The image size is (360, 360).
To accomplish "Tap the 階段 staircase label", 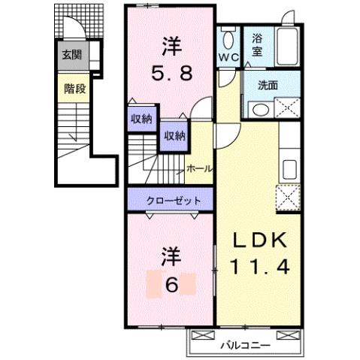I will (x=73, y=89).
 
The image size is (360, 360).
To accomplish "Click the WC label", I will (x=228, y=57).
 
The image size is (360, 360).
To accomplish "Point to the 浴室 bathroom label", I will (x=258, y=44).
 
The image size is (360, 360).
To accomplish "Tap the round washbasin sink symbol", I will (x=259, y=109).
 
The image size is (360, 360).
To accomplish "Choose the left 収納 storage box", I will (x=141, y=118).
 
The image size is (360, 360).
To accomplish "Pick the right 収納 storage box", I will (x=174, y=135).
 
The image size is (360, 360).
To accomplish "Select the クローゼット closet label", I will (x=173, y=201).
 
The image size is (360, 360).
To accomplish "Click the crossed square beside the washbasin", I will (x=286, y=109).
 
